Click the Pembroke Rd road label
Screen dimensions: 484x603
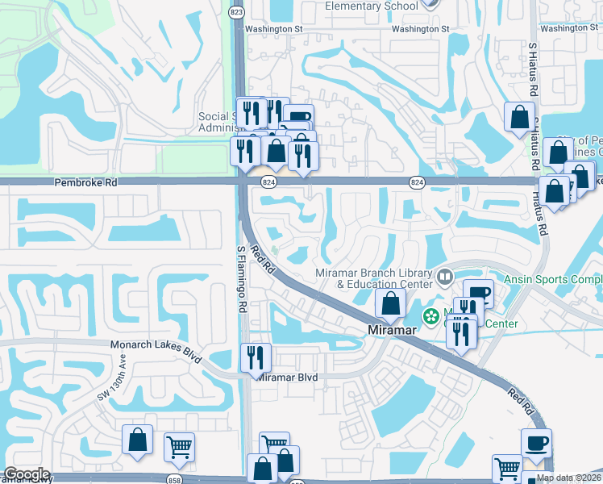(x=86, y=183)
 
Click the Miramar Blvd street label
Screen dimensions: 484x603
(x=289, y=377)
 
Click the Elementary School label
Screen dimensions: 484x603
(x=372, y=6)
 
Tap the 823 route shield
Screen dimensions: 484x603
(x=236, y=12)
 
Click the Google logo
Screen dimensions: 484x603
(x=26, y=475)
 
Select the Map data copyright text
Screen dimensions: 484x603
(x=569, y=478)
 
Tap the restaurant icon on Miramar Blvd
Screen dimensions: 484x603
(x=256, y=357)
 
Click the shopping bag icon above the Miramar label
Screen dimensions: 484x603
(x=390, y=304)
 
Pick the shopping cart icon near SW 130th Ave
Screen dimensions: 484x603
(x=178, y=446)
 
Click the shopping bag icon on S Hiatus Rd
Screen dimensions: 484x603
(x=518, y=115)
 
